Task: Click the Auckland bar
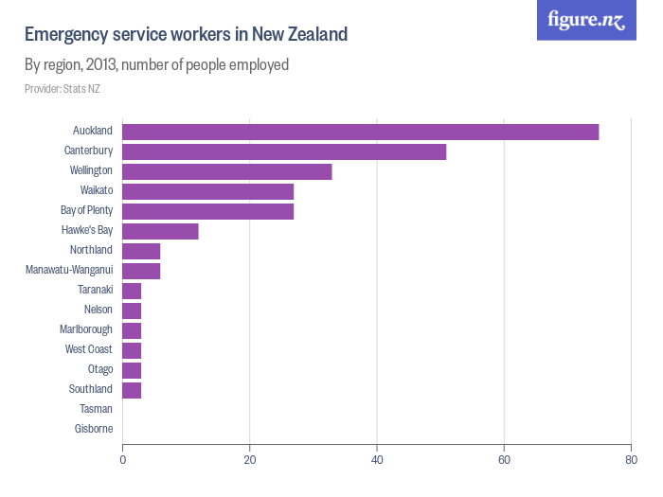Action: (360, 132)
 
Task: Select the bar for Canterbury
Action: (284, 151)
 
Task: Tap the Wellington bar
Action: (227, 171)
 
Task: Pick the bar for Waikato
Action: (207, 191)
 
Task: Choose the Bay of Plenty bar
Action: (207, 211)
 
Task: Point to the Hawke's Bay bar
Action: (160, 231)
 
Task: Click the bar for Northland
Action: (141, 251)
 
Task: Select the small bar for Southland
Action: (132, 390)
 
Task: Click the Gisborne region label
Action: (93, 429)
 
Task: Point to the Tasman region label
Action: (96, 409)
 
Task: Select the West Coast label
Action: (88, 349)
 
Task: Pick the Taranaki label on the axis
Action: (95, 290)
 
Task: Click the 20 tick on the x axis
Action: (249, 460)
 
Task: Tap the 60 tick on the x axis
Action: (504, 460)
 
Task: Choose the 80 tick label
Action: (631, 460)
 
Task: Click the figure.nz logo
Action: (586, 21)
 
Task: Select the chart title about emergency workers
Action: (186, 35)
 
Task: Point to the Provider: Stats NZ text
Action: (63, 89)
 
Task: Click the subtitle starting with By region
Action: (156, 65)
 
